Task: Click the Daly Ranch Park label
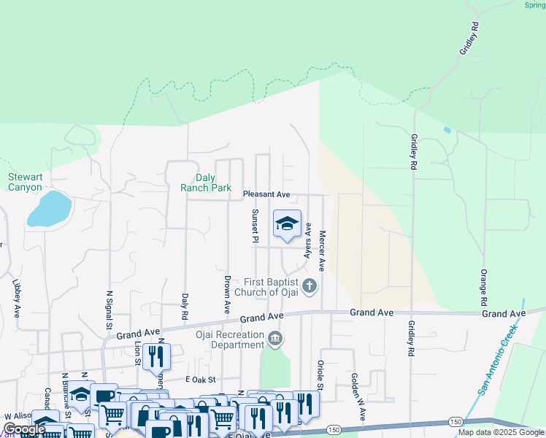(x=206, y=182)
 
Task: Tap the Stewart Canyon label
(x=25, y=182)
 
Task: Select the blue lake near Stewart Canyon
(x=49, y=209)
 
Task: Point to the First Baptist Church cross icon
(x=309, y=285)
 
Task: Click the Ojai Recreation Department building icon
(x=276, y=339)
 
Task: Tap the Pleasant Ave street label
(x=266, y=195)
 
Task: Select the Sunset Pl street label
(x=255, y=226)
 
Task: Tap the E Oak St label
(x=201, y=380)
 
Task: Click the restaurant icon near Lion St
(x=156, y=356)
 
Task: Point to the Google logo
(x=24, y=429)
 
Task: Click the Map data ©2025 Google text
(x=501, y=432)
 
